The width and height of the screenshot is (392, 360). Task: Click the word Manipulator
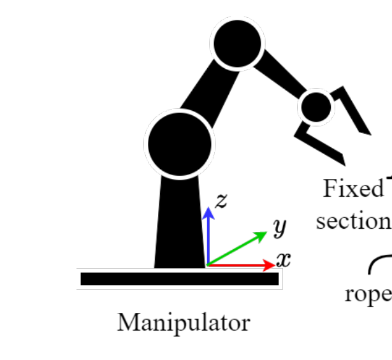point(183,322)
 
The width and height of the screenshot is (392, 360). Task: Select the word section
point(352,220)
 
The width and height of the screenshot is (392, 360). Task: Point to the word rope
point(367,294)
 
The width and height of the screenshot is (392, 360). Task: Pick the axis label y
point(279,227)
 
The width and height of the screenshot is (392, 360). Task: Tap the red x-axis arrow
point(242,264)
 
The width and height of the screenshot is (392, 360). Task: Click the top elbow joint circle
point(237,43)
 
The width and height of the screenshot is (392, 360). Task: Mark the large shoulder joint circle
point(179,143)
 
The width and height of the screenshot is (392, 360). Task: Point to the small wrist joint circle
point(316,107)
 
